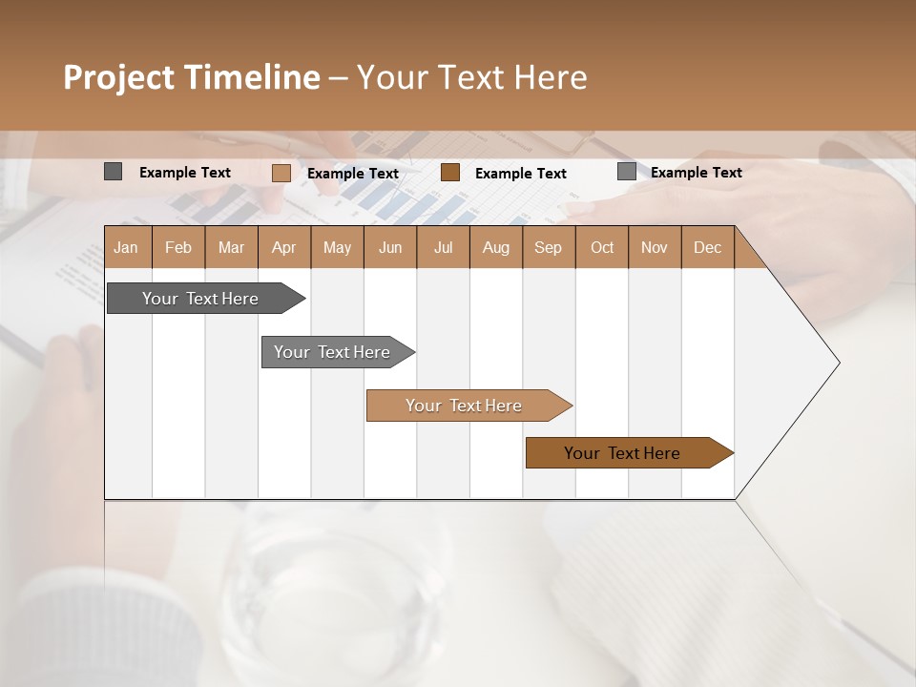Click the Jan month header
(x=127, y=247)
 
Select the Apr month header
(x=283, y=247)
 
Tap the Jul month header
(x=443, y=247)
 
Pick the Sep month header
(x=548, y=247)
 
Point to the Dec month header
(x=707, y=247)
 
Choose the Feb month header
(x=178, y=247)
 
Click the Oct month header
(x=602, y=247)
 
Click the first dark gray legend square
(x=113, y=172)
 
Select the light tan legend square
(x=281, y=173)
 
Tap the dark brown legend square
(x=450, y=173)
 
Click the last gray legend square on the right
(x=626, y=172)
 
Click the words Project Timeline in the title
(x=191, y=77)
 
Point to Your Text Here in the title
(x=472, y=77)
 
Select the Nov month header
(x=655, y=247)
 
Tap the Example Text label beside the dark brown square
(x=520, y=174)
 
